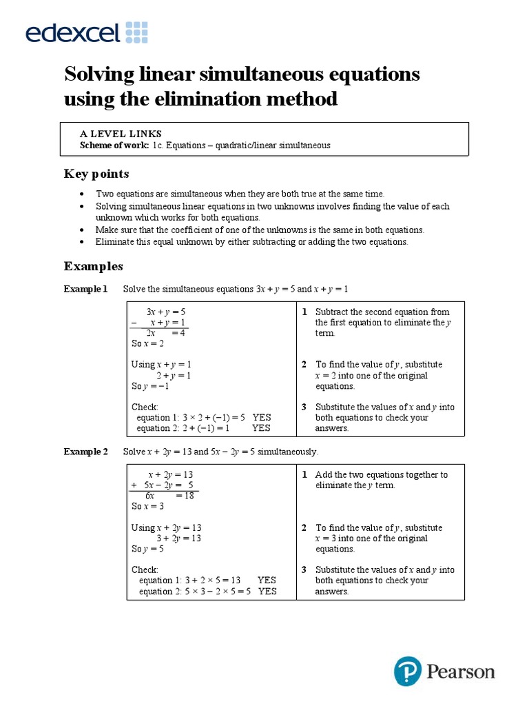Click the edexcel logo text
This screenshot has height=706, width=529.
click(72, 32)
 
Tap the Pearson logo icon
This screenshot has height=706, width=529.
click(407, 671)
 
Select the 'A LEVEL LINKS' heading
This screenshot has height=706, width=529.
click(121, 134)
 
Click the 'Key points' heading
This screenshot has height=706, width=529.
click(96, 173)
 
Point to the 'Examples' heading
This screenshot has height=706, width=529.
click(94, 265)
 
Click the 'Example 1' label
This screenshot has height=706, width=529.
click(86, 289)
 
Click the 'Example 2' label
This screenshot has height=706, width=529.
click(86, 452)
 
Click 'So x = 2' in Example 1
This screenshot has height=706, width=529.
click(147, 343)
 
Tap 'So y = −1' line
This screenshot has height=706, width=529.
click(150, 386)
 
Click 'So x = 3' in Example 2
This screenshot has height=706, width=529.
click(147, 506)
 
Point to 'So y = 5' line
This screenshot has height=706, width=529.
click(147, 549)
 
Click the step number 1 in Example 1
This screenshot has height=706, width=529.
click(304, 312)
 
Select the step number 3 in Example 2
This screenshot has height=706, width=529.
click(304, 569)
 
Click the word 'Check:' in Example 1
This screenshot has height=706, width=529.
click(145, 407)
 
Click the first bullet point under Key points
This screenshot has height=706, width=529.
click(83, 194)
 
